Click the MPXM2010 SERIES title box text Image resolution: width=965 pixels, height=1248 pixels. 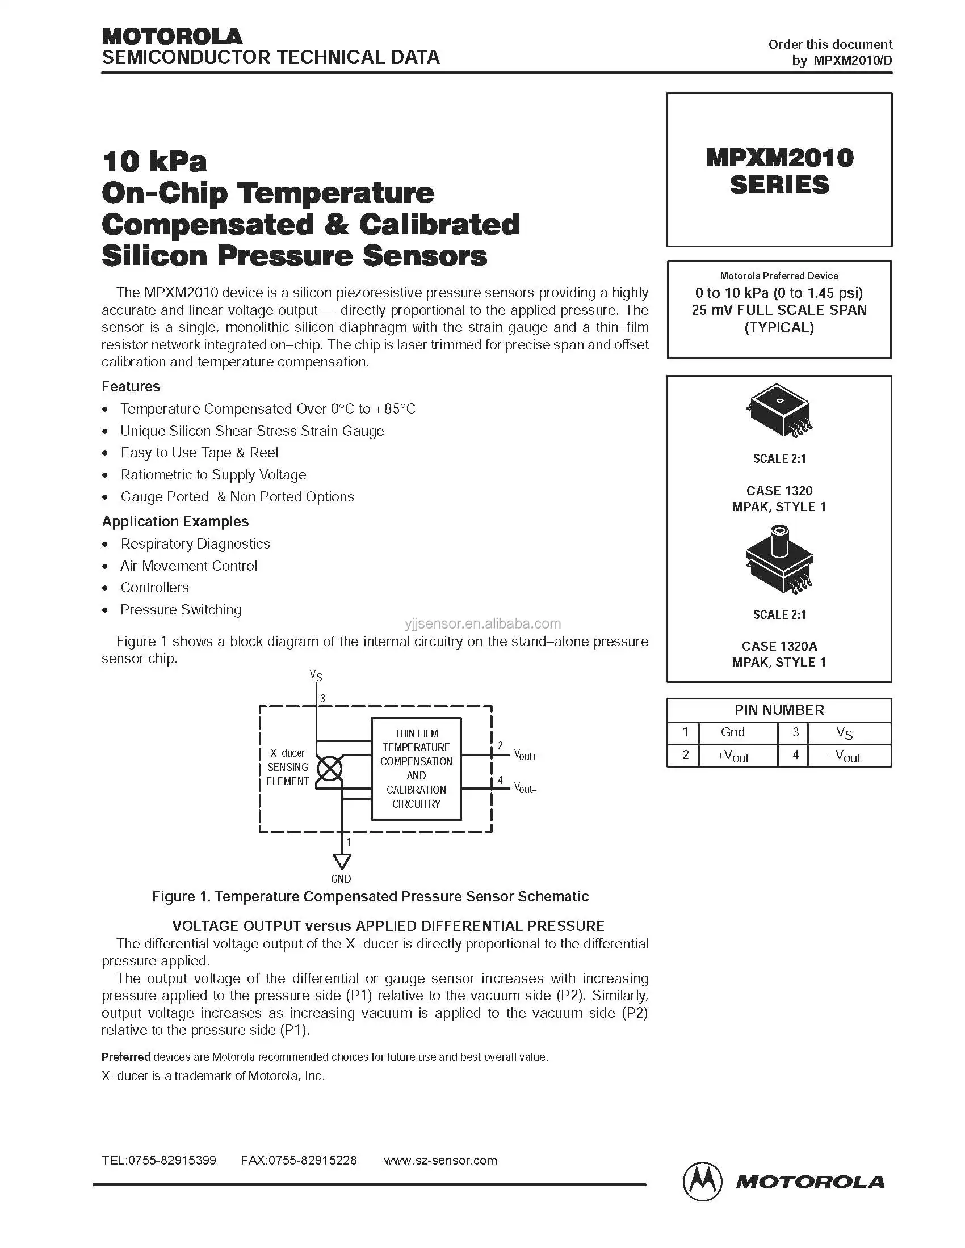[779, 171]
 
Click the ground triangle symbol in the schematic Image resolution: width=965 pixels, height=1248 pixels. [342, 861]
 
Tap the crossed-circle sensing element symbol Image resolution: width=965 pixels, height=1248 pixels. [330, 769]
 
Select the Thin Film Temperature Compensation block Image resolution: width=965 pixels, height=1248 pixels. [416, 769]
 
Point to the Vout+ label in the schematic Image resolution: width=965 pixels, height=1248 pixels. [525, 755]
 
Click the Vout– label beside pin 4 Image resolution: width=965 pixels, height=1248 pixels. [525, 788]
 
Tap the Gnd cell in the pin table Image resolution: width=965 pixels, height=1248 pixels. [732, 732]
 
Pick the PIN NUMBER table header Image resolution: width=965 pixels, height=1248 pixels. [779, 710]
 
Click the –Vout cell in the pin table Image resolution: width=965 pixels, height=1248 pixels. [845, 756]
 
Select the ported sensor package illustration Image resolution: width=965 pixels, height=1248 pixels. [779, 559]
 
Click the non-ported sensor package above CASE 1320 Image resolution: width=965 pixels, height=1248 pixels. [779, 411]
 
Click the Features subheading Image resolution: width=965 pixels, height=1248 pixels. [131, 386]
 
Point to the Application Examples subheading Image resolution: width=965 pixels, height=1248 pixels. [175, 521]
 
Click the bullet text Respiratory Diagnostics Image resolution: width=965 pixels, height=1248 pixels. [195, 543]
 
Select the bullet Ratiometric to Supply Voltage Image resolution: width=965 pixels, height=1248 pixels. [213, 474]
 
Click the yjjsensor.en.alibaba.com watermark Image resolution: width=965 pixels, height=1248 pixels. [483, 623]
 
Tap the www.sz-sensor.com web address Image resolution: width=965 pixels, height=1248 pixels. [440, 1160]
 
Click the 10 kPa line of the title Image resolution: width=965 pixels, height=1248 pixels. [154, 161]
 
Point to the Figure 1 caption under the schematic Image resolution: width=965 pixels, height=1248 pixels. [370, 896]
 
